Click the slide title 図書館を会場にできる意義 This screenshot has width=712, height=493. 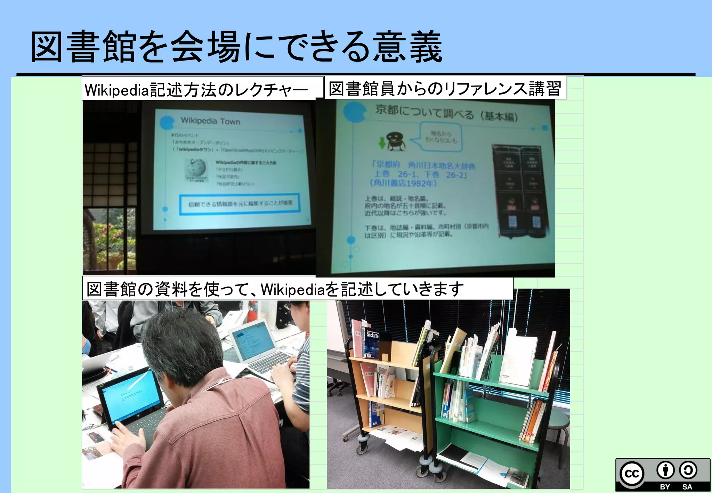click(236, 47)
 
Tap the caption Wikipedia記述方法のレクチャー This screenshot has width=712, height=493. click(196, 90)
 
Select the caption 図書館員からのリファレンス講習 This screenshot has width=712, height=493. click(445, 88)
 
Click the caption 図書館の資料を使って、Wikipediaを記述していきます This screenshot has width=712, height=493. click(275, 289)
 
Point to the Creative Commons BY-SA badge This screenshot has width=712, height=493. click(663, 475)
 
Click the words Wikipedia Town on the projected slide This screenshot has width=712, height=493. click(210, 121)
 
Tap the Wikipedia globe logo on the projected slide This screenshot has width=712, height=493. click(195, 169)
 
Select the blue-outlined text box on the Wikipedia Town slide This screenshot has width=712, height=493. click(240, 204)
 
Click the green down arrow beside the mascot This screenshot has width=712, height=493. click(382, 142)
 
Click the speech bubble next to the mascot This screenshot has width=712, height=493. click(440, 137)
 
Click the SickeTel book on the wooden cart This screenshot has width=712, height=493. click(372, 344)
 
